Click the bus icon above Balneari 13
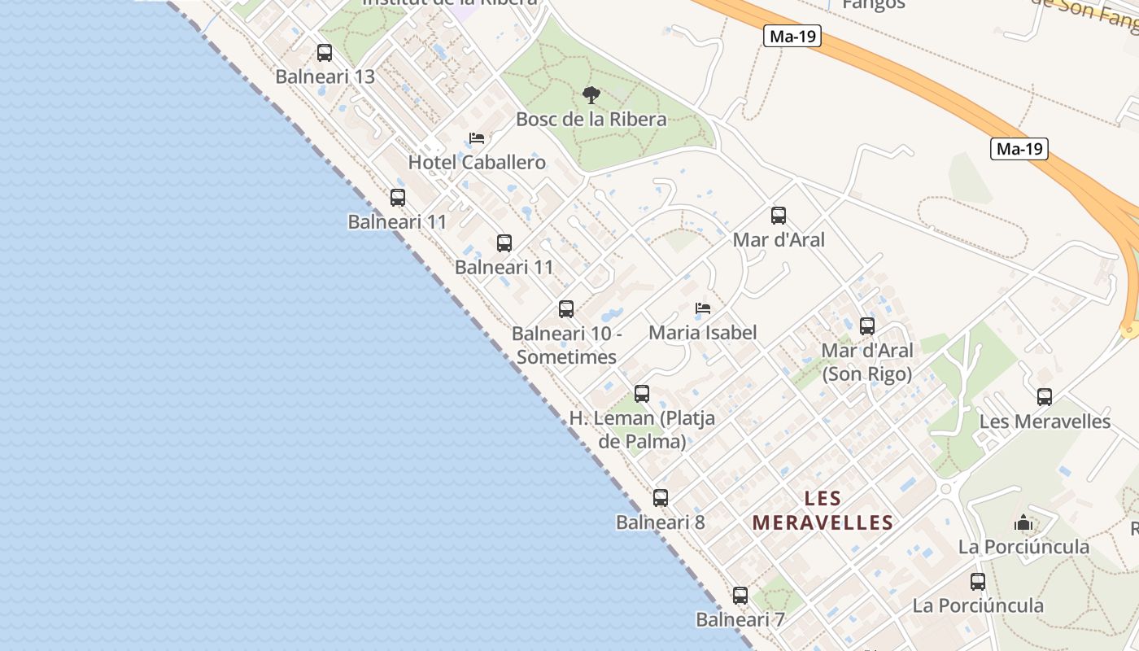coord(325,53)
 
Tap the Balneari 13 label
coord(325,76)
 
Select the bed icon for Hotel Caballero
coord(477,138)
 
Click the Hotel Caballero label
coord(477,162)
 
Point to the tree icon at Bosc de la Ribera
coord(591,95)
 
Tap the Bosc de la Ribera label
coord(591,119)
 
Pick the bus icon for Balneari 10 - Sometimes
coord(566,309)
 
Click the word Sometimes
coord(566,356)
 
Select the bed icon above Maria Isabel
coord(703,308)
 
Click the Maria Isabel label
coord(703,332)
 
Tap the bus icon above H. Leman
coord(642,394)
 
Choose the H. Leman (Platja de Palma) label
coord(642,430)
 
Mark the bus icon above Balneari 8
coord(661,498)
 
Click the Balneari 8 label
coord(661,522)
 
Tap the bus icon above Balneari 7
coord(740,596)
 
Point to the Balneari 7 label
coord(740,619)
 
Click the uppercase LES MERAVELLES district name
coord(823,510)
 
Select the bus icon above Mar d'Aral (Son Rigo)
coord(867,326)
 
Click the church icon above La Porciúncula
coord(1023,522)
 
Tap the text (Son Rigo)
coord(867,374)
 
